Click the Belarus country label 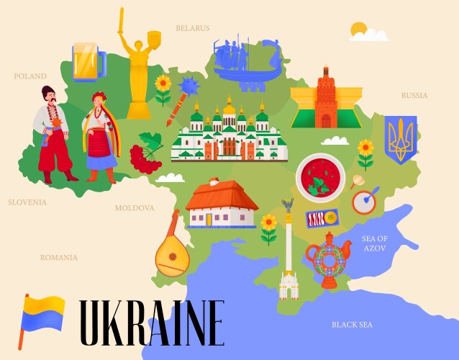[x=193, y=28]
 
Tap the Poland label [x=30, y=76]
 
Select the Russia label [x=414, y=95]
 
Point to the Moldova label [x=135, y=207]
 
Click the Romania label [x=59, y=257]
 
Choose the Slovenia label [x=27, y=202]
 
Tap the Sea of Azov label [x=375, y=243]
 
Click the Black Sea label [x=352, y=325]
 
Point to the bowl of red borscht [x=321, y=177]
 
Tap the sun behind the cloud [x=359, y=30]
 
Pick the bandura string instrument [x=171, y=249]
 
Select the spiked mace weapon [x=188, y=87]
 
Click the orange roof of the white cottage [x=221, y=194]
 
